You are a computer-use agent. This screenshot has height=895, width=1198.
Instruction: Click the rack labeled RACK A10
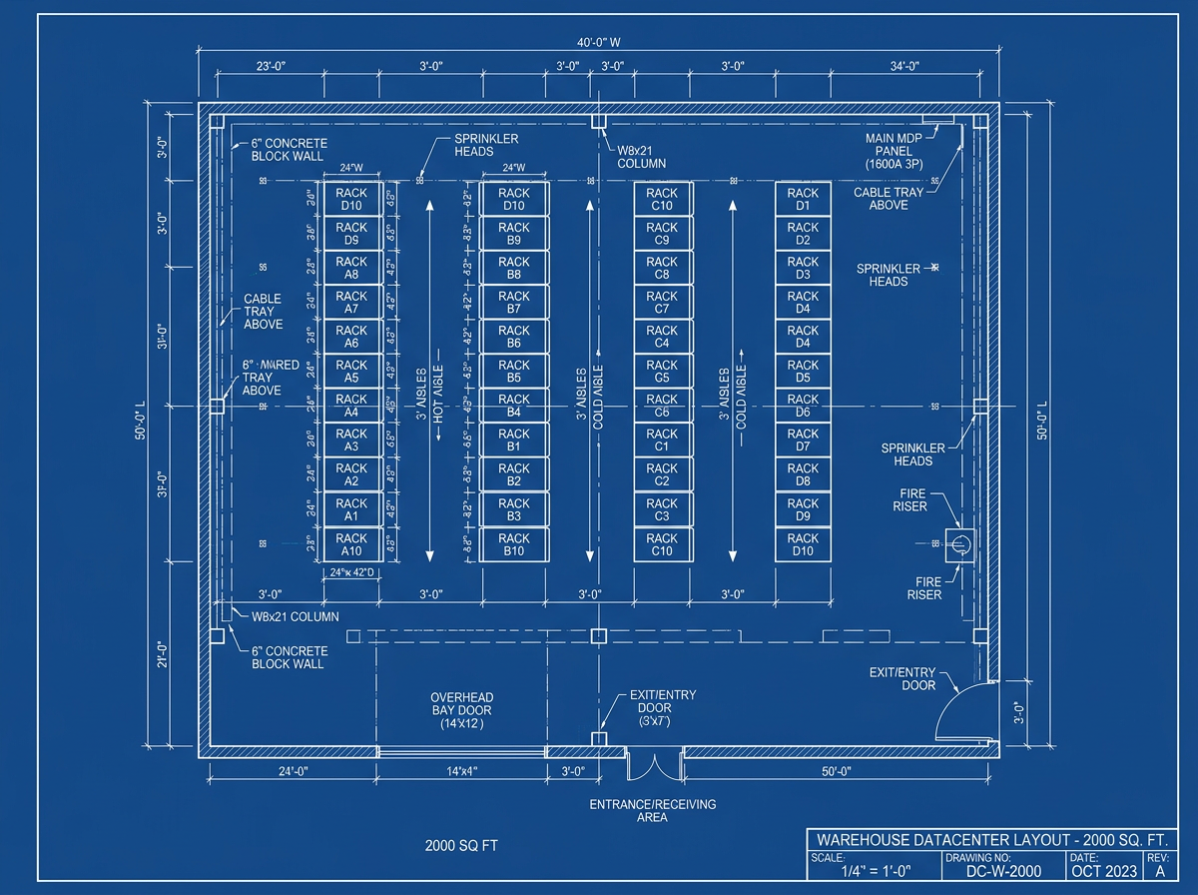[351, 544]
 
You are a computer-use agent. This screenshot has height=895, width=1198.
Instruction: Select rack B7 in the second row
[514, 303]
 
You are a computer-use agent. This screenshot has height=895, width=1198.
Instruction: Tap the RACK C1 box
[662, 441]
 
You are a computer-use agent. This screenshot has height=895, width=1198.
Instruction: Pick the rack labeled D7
[804, 441]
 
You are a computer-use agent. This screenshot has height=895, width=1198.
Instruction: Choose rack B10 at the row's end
[514, 544]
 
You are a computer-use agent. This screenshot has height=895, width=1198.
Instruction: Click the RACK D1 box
[804, 200]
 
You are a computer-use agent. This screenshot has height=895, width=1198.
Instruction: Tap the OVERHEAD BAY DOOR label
[462, 710]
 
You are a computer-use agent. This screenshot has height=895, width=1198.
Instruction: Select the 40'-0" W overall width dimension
[599, 43]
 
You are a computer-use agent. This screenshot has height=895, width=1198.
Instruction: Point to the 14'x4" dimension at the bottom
[462, 771]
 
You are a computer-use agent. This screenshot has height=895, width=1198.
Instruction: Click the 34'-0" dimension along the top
[904, 66]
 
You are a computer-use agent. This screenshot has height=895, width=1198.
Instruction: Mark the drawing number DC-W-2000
[1003, 871]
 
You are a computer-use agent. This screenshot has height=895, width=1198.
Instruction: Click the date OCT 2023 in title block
[1103, 871]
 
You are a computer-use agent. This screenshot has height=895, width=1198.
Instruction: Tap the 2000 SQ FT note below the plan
[461, 846]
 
